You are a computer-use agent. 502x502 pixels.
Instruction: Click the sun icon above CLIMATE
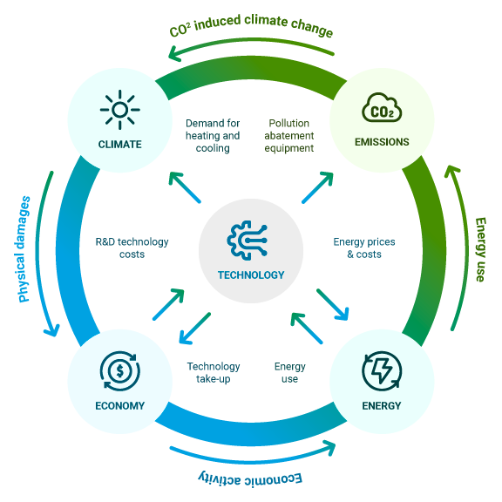pyautogui.click(x=119, y=110)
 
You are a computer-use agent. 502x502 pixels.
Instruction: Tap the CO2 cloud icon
pyautogui.click(x=382, y=107)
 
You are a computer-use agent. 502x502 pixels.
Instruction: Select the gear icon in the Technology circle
pyautogui.click(x=248, y=240)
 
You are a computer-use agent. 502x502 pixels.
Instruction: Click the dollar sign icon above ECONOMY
pyautogui.click(x=119, y=371)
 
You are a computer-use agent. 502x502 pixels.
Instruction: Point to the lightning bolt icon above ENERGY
pyautogui.click(x=382, y=371)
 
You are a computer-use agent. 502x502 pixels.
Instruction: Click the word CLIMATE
pyautogui.click(x=119, y=145)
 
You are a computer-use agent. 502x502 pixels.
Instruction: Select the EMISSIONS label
pyautogui.click(x=382, y=142)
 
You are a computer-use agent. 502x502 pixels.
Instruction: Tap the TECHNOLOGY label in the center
pyautogui.click(x=251, y=275)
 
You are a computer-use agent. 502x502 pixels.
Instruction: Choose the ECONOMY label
pyautogui.click(x=119, y=405)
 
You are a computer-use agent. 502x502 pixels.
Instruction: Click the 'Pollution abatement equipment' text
pyautogui.click(x=288, y=136)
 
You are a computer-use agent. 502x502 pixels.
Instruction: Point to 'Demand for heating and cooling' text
pyautogui.click(x=213, y=136)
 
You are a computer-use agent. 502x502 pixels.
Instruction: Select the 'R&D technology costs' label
pyautogui.click(x=132, y=248)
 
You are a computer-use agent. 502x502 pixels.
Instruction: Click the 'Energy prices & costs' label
pyautogui.click(x=364, y=248)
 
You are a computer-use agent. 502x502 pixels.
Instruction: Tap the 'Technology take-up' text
pyautogui.click(x=214, y=372)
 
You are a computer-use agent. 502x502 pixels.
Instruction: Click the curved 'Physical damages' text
pyautogui.click(x=23, y=249)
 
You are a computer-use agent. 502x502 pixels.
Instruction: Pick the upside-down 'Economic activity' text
pyautogui.click(x=250, y=479)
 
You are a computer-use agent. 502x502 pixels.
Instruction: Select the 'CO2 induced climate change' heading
pyautogui.click(x=251, y=25)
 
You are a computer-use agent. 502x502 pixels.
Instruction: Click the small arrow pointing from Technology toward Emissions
pyautogui.click(x=317, y=187)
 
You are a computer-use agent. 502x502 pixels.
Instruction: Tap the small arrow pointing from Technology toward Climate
pyautogui.click(x=185, y=187)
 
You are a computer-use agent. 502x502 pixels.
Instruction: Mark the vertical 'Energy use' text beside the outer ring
pyautogui.click(x=480, y=250)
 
